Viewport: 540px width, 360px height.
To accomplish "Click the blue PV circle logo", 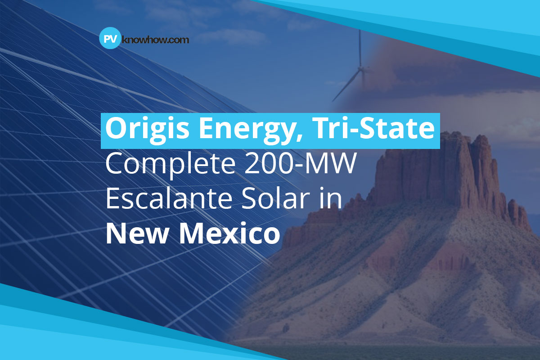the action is pyautogui.click(x=110, y=38).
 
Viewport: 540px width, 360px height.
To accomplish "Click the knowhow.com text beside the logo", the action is pyautogui.click(x=156, y=40).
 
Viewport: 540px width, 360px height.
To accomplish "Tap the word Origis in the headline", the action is pyautogui.click(x=147, y=130).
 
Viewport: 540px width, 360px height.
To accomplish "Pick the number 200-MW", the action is pyautogui.click(x=301, y=163).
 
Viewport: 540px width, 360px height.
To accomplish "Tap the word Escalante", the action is pyautogui.click(x=168, y=198).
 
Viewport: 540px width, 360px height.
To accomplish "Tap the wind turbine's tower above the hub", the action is pyautogui.click(x=360, y=48).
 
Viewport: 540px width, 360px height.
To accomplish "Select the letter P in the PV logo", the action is pyautogui.click(x=107, y=39).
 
